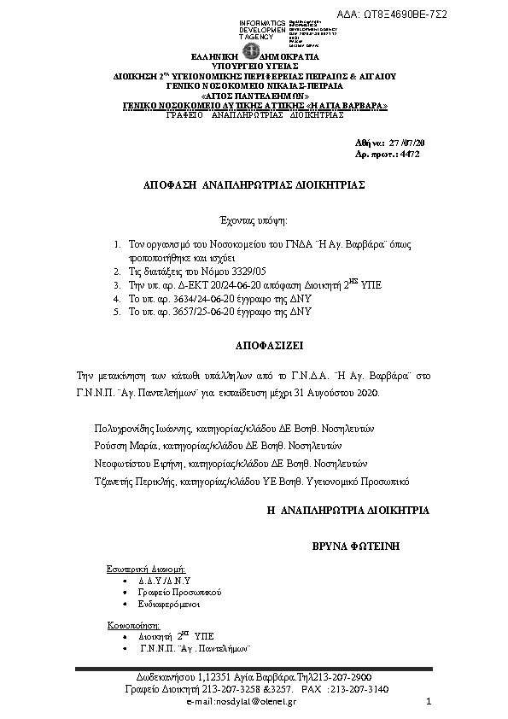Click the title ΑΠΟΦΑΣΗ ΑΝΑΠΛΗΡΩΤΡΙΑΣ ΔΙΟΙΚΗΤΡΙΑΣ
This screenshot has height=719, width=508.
[x=254, y=184]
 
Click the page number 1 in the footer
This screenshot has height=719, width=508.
[x=429, y=701]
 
